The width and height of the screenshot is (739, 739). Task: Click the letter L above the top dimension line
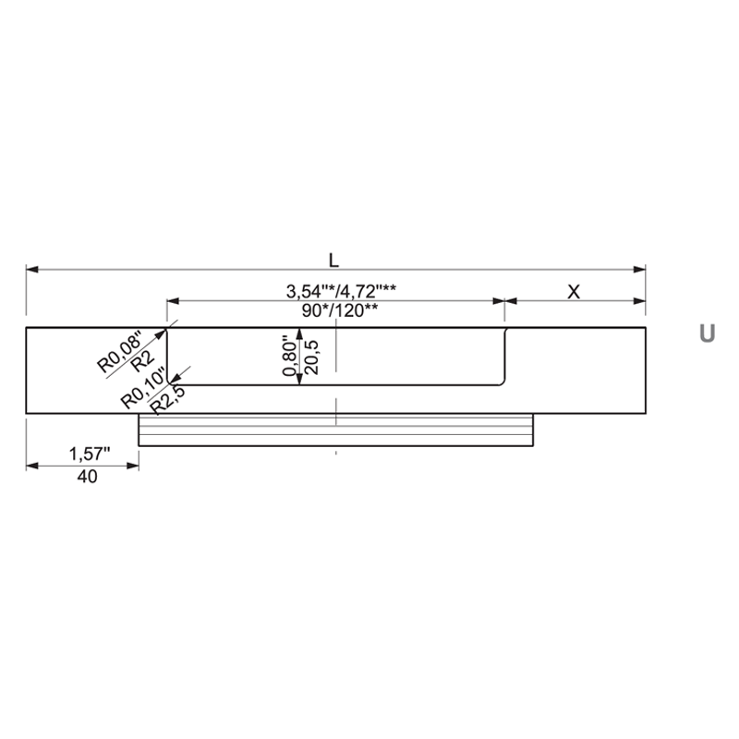click(x=333, y=260)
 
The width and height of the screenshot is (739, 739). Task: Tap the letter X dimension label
click(x=574, y=292)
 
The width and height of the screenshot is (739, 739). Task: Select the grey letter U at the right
click(x=707, y=333)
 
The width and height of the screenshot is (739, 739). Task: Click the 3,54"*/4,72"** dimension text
click(x=341, y=292)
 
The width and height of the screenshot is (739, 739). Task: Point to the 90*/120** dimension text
click(x=340, y=310)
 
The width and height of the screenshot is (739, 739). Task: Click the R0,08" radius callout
click(x=119, y=352)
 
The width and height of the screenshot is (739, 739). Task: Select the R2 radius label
click(x=143, y=362)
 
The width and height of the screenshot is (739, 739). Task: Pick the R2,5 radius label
click(x=167, y=399)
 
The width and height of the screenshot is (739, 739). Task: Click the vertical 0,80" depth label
click(x=290, y=356)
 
